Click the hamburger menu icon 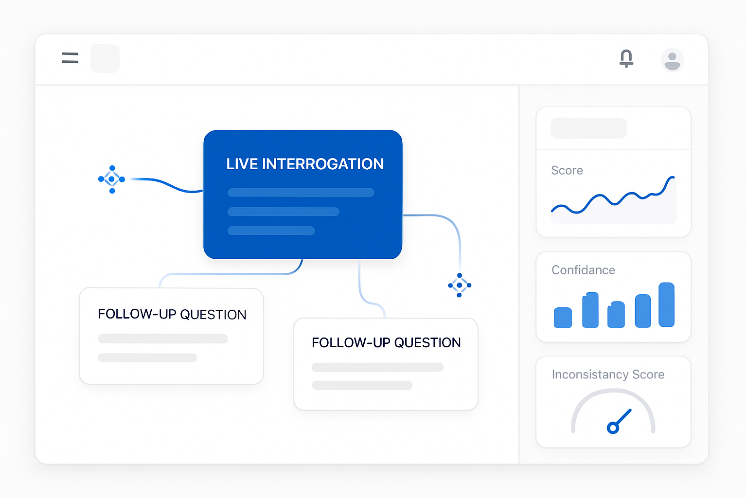pos(70,58)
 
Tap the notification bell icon pos(626,58)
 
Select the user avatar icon pos(672,60)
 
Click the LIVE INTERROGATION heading pos(305,164)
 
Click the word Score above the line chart pos(567,170)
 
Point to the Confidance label pos(583,270)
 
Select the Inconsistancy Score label pos(608,374)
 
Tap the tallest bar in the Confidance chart pos(666,304)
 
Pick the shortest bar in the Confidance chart pos(563,317)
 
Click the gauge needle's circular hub pos(613,427)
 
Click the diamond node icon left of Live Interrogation pos(112,179)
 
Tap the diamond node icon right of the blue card pos(460,285)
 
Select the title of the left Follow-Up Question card pos(172,314)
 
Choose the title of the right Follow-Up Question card pos(386,342)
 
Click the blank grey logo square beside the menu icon pos(105,58)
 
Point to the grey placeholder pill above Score pos(588,128)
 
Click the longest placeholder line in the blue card pos(301,193)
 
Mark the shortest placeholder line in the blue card pos(271,231)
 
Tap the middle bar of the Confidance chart pos(616,314)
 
